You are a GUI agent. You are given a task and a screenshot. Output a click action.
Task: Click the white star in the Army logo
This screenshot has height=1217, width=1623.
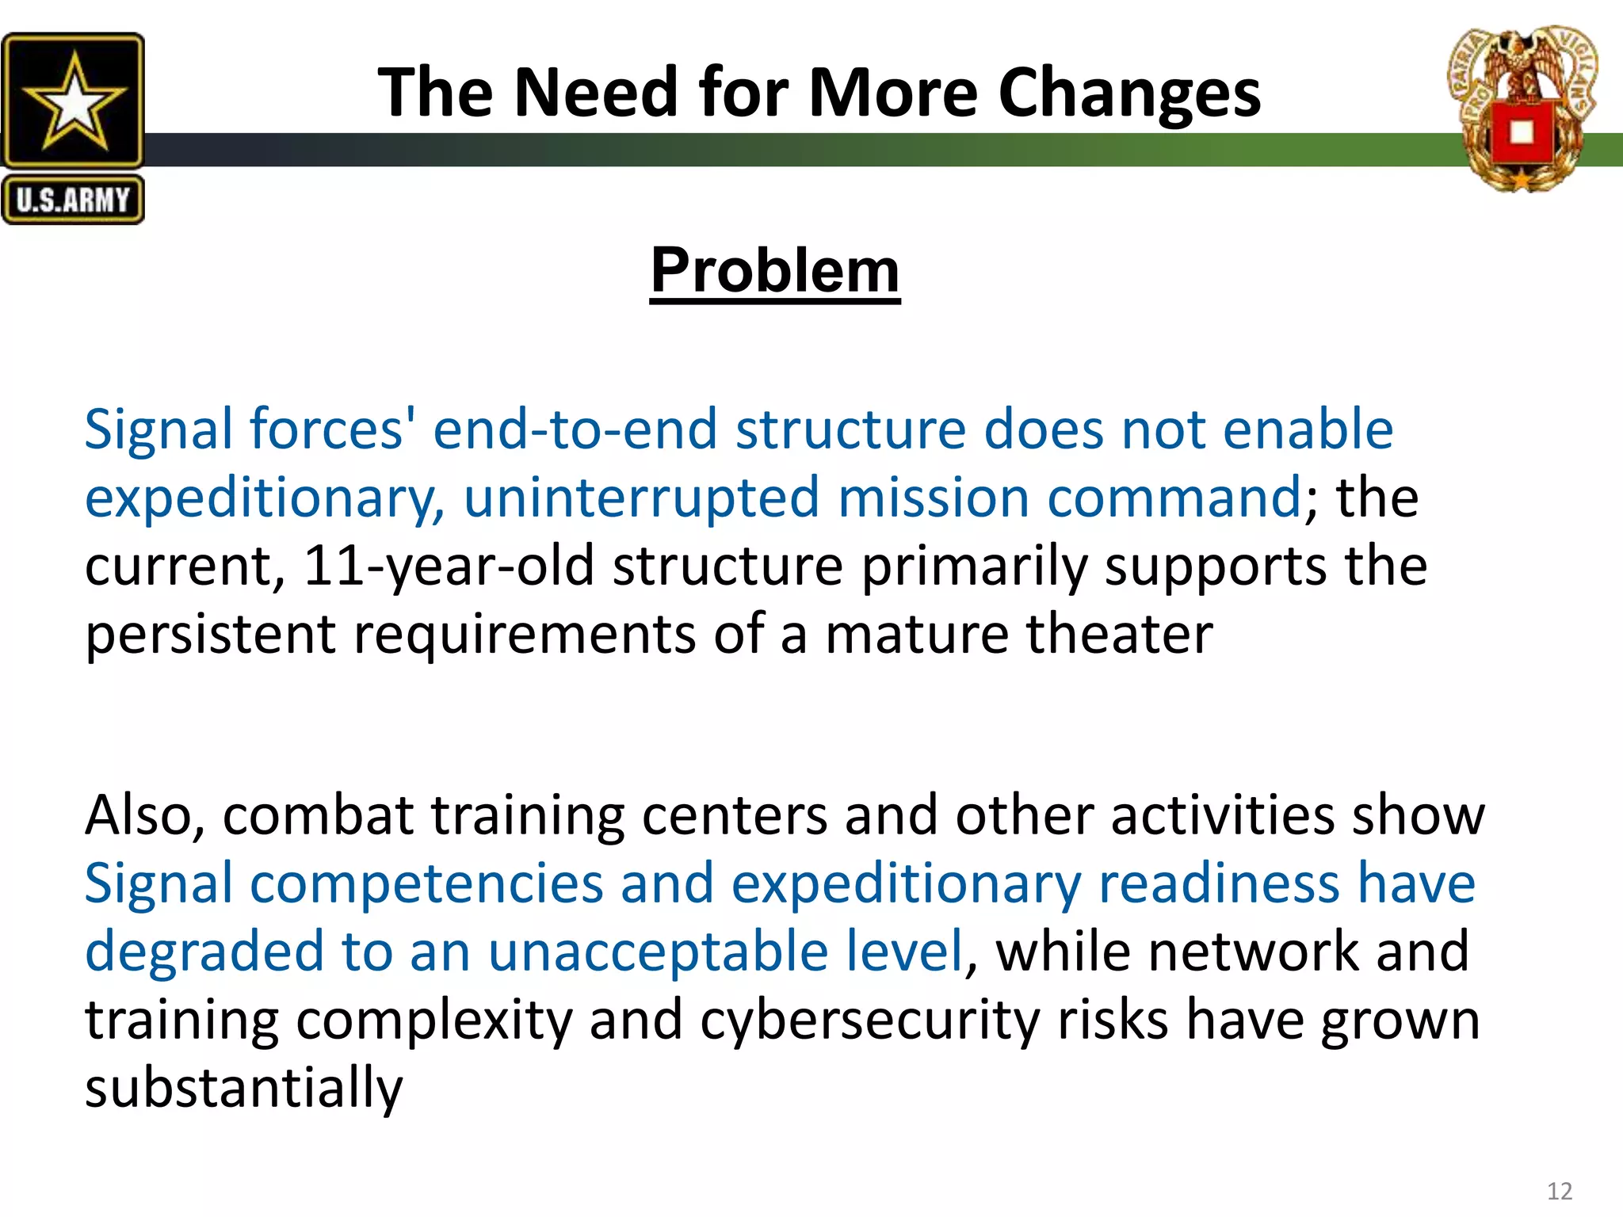(x=73, y=101)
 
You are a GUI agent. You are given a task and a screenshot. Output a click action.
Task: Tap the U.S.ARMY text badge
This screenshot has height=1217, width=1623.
(x=73, y=200)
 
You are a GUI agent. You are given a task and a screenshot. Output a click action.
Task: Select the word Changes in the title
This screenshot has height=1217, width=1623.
(x=1128, y=93)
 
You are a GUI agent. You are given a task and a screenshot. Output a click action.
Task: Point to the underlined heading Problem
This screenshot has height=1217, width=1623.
(x=774, y=270)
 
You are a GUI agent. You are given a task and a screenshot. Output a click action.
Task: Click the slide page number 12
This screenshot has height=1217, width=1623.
(x=1559, y=1191)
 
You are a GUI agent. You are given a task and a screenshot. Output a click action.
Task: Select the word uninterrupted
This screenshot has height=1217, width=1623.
(x=640, y=498)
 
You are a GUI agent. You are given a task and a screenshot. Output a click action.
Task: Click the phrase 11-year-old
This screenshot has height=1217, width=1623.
(x=449, y=566)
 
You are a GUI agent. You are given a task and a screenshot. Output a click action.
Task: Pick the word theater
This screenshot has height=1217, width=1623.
(x=1119, y=634)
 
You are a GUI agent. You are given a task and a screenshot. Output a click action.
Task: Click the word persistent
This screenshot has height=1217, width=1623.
(x=210, y=635)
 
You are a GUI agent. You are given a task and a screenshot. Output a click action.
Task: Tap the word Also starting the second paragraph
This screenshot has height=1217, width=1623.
(x=143, y=815)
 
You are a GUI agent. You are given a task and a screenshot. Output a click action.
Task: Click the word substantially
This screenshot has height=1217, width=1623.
(x=243, y=1088)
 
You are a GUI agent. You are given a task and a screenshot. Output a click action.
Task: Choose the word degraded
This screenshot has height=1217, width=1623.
(x=204, y=951)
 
